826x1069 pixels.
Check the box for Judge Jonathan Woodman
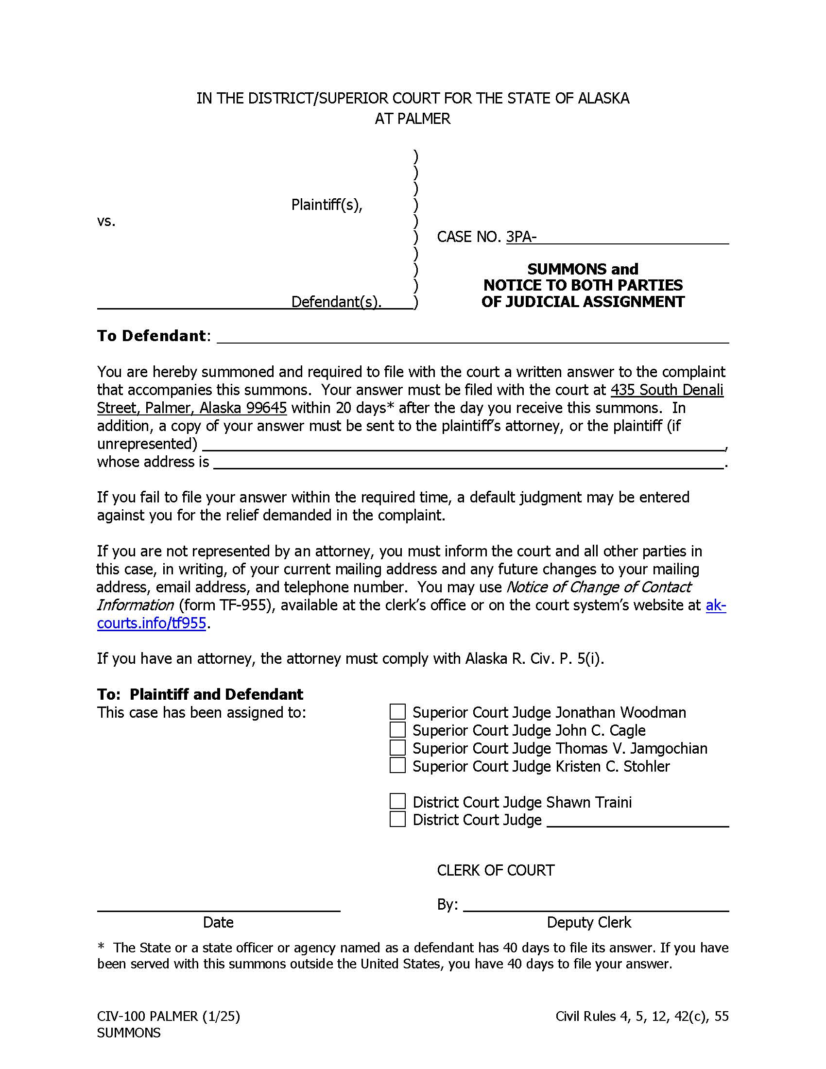(x=397, y=712)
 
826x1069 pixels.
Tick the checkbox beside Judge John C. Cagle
(x=397, y=730)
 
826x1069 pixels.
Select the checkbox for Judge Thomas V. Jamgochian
(x=397, y=748)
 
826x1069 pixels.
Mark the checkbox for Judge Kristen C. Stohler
(x=397, y=765)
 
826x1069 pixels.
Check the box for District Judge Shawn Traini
(x=397, y=801)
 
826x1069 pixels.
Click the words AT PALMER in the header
(x=413, y=119)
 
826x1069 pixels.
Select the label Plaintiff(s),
(x=327, y=205)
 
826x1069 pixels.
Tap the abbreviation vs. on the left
(x=106, y=221)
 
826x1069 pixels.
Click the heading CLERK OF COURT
(x=495, y=870)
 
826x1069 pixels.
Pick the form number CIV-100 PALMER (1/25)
(x=168, y=1017)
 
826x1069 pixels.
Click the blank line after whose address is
(x=468, y=463)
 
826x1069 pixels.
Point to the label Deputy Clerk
(x=589, y=923)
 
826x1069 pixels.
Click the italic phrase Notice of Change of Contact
(x=598, y=587)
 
